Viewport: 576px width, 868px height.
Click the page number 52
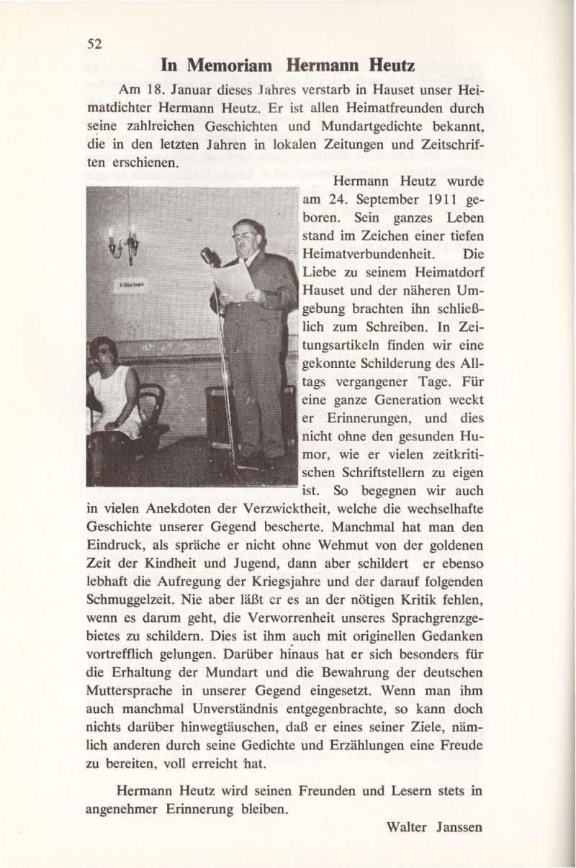(x=94, y=43)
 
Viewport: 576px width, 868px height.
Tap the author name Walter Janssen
(x=433, y=827)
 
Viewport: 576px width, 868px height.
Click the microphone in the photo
(x=210, y=256)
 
